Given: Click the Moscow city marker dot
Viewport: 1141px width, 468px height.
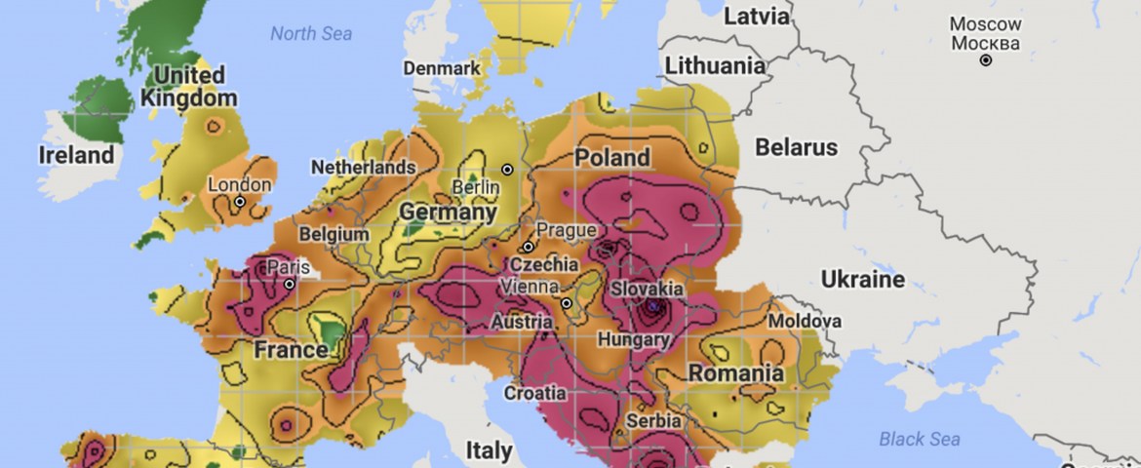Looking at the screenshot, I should coord(986,60).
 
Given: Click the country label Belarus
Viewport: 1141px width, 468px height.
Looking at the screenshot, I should coord(796,148).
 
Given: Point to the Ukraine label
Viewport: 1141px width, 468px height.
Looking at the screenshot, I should coord(862,281).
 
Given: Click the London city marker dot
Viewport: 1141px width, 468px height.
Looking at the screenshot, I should coord(239,202).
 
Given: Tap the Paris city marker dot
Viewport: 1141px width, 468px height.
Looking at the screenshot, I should coord(290,285).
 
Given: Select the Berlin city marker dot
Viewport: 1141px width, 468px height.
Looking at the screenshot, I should coord(507,170).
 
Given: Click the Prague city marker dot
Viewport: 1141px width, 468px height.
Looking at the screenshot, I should coord(528,247).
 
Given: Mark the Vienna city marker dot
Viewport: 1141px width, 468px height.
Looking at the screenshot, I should coord(566,303).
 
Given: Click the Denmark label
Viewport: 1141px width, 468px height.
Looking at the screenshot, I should coord(442,68).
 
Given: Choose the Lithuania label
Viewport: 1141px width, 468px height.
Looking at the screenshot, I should coord(715,66).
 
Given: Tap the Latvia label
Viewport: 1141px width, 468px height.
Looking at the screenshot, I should coord(756,16).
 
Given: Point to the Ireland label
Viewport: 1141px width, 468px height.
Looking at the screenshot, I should coord(76,155).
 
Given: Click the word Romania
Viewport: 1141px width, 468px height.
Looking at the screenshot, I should coord(735,373).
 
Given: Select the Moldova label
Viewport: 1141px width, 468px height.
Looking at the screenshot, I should coord(805,321).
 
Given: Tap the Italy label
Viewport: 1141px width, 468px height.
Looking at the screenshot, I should coord(489,450).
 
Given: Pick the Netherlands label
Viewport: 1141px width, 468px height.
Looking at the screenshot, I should coord(363,168).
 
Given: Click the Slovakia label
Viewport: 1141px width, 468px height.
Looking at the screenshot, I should coord(647,289).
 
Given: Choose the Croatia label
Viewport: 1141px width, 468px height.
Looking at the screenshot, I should coord(534,394).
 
